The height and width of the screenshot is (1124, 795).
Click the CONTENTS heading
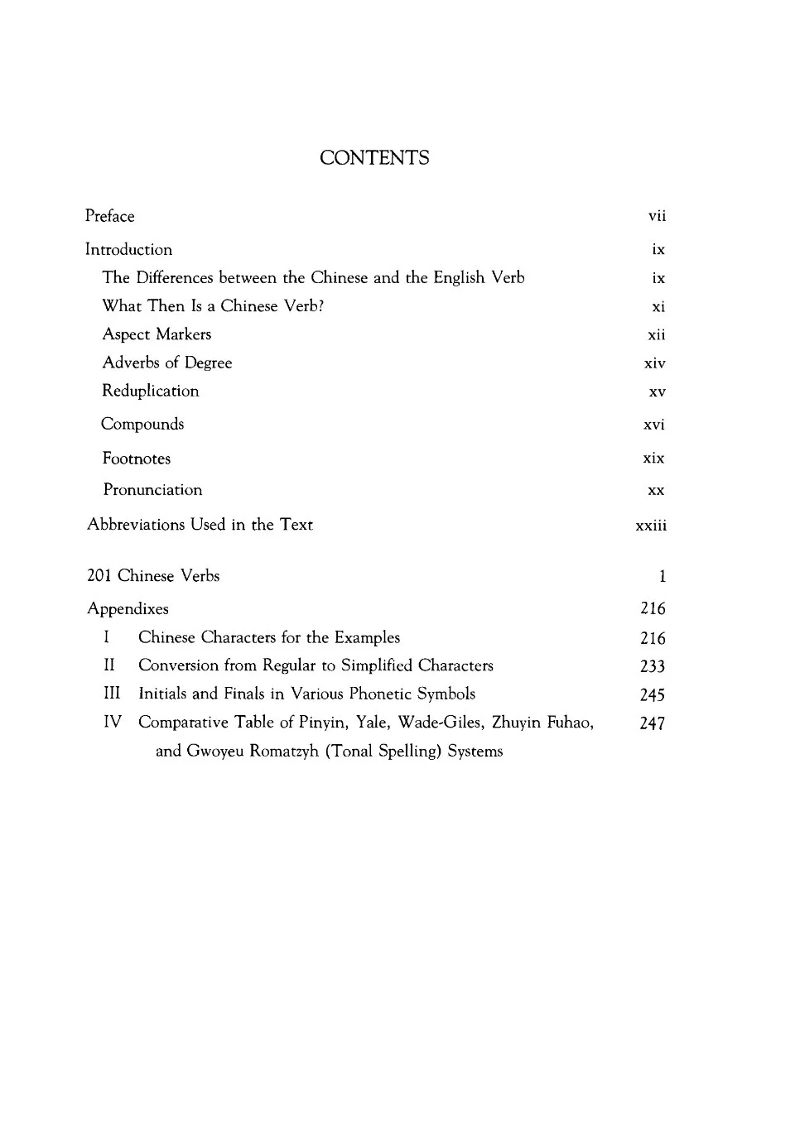coord(374,158)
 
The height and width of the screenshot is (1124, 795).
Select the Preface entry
coord(109,216)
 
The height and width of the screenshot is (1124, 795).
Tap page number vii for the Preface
coord(657,216)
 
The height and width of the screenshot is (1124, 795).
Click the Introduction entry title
coord(128,249)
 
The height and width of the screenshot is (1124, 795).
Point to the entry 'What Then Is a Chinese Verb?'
coord(213,306)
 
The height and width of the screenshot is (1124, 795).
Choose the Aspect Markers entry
coord(157,334)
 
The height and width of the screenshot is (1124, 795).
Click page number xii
coord(656,335)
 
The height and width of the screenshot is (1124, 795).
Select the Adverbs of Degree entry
coord(166,363)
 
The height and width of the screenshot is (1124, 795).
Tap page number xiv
coord(654,363)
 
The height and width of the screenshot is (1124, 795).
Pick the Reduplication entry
coord(150,391)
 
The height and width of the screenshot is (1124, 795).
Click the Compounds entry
coord(142,424)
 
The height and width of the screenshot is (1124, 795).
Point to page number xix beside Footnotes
coord(653,458)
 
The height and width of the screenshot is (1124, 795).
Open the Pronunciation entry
coord(152,490)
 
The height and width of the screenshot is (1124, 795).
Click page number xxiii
coord(651,526)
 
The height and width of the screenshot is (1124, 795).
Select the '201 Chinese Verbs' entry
coord(153,576)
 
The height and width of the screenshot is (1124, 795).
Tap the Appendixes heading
coord(128,609)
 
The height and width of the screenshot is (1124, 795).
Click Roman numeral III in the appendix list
coord(112,694)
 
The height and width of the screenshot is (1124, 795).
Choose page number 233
coord(653,666)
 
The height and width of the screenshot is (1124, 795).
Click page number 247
coord(653,723)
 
